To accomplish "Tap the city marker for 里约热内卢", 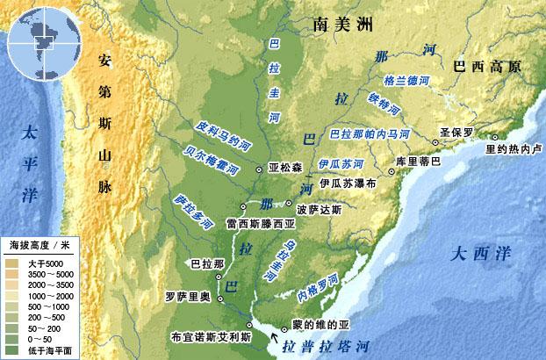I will pos(494,137).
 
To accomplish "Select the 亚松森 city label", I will pos(284,167).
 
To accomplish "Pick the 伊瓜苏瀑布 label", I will pos(348,184).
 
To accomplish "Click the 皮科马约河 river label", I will pos(229,135).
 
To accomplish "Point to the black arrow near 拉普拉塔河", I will pos(280,334).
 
